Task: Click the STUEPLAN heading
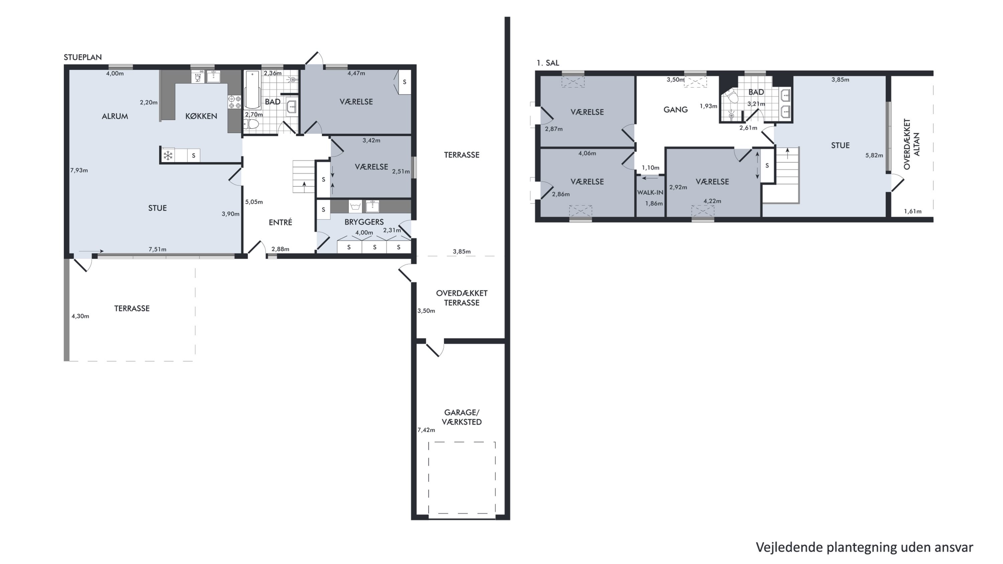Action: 83,57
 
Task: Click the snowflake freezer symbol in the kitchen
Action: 168,156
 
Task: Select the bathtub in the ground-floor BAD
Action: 252,90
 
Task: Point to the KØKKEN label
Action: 201,116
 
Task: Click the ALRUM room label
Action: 115,116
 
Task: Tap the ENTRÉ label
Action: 281,222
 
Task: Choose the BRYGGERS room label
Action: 364,222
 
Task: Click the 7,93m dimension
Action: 79,170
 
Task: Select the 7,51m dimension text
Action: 157,249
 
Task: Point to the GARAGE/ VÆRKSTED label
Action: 462,417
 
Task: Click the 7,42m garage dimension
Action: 426,430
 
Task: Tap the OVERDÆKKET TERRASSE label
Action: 462,298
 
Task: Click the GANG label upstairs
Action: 676,110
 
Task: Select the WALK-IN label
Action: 650,192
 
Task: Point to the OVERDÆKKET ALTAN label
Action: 912,144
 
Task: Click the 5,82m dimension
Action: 874,155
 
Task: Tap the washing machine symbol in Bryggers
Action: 355,206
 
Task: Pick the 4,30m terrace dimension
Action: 80,316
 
